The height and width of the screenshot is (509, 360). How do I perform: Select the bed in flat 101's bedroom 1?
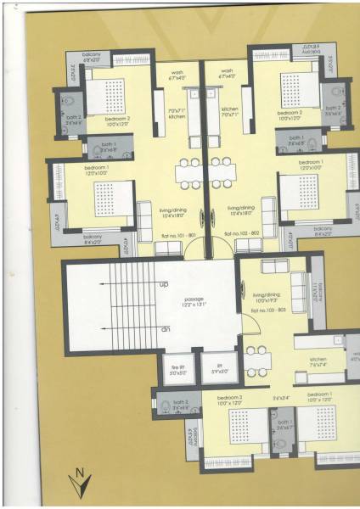(111, 199)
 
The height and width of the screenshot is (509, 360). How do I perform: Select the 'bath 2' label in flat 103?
(179, 404)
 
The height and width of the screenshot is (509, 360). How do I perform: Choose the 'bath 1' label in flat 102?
(318, 143)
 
